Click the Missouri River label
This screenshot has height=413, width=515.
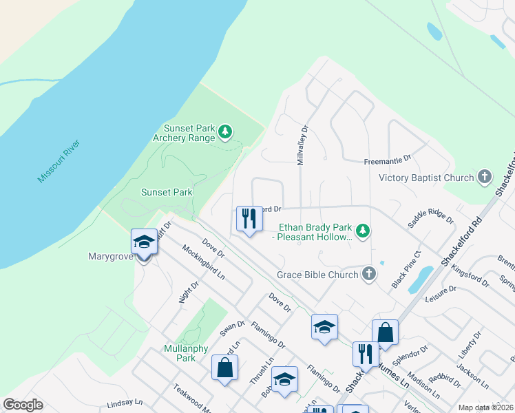click(59, 160)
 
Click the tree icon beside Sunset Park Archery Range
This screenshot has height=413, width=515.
click(224, 131)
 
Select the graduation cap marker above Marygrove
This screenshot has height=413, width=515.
click(144, 242)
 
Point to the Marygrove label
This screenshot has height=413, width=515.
click(110, 256)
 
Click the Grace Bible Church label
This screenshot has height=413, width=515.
click(317, 275)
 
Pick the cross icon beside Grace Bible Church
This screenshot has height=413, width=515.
click(370, 275)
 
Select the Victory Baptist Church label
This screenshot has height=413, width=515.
click(427, 178)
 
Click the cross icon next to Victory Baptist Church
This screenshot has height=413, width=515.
click(485, 177)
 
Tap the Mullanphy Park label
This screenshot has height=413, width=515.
click(186, 353)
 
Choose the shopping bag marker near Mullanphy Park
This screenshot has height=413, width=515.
click(224, 368)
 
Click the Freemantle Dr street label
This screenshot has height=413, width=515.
click(388, 160)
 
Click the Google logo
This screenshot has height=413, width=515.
click(23, 405)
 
